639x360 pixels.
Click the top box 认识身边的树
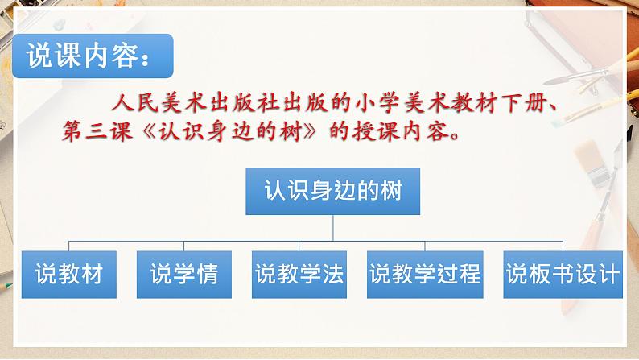(332, 191)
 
